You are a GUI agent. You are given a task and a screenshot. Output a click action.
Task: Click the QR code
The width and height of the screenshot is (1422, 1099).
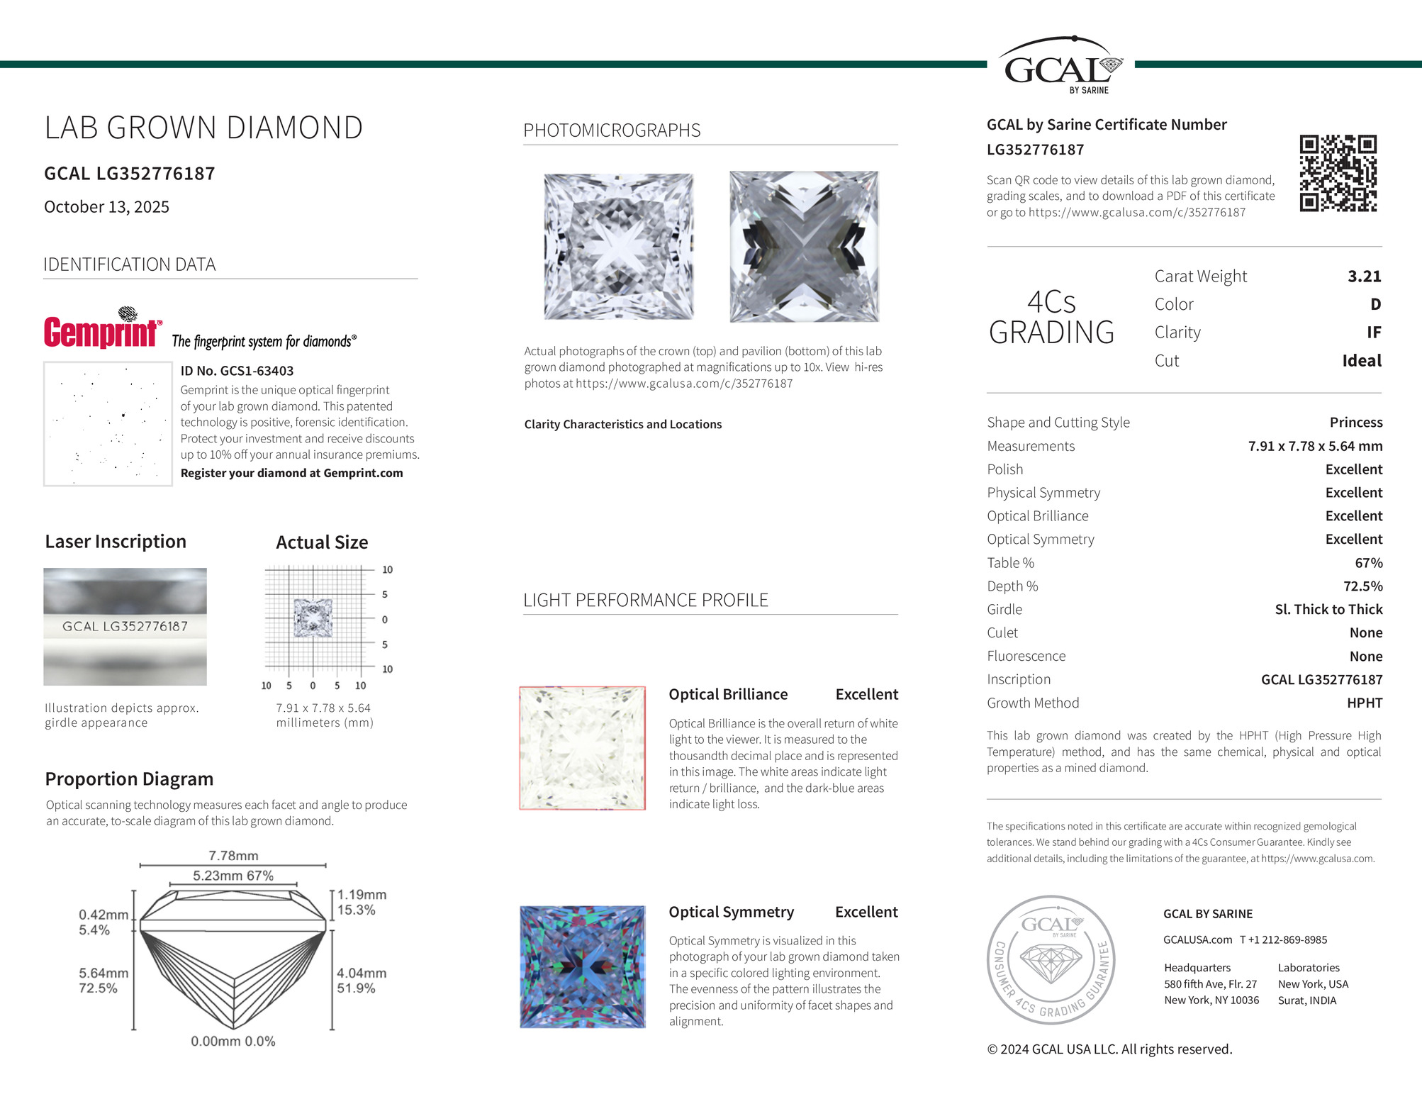1338,173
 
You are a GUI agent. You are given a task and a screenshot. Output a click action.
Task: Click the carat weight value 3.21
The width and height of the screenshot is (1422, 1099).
1364,277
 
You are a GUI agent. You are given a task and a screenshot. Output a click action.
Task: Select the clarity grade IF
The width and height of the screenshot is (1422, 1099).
1373,333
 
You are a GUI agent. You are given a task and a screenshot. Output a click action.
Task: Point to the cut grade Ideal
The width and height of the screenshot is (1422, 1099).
1361,361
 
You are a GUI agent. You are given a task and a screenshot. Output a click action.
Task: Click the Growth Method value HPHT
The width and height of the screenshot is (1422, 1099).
1364,703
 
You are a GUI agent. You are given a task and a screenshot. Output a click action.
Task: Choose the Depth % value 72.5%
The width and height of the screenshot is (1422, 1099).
1362,586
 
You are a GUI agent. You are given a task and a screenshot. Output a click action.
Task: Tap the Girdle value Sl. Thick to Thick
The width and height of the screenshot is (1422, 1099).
1328,610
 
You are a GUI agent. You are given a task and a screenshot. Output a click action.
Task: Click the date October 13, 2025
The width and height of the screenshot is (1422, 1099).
106,207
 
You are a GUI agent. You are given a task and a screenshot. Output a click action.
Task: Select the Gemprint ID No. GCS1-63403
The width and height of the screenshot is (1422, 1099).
237,371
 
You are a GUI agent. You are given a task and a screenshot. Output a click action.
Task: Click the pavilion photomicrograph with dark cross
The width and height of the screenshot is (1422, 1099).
804,246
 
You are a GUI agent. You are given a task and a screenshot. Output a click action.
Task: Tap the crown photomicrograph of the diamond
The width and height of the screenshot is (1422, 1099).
618,246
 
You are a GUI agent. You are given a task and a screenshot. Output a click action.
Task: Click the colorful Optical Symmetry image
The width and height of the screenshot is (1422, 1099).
582,966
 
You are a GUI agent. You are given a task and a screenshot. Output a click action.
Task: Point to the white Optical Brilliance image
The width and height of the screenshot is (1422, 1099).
582,748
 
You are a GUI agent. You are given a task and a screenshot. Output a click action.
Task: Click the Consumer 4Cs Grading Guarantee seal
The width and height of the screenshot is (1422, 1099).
1051,959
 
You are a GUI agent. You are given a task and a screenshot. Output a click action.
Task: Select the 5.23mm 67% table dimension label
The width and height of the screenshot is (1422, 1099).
233,876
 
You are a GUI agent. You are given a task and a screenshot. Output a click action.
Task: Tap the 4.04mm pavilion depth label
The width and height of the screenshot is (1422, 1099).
361,974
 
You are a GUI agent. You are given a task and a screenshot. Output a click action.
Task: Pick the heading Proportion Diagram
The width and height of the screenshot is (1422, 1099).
129,779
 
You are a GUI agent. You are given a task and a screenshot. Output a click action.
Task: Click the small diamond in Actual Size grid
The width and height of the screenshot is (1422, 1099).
313,618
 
